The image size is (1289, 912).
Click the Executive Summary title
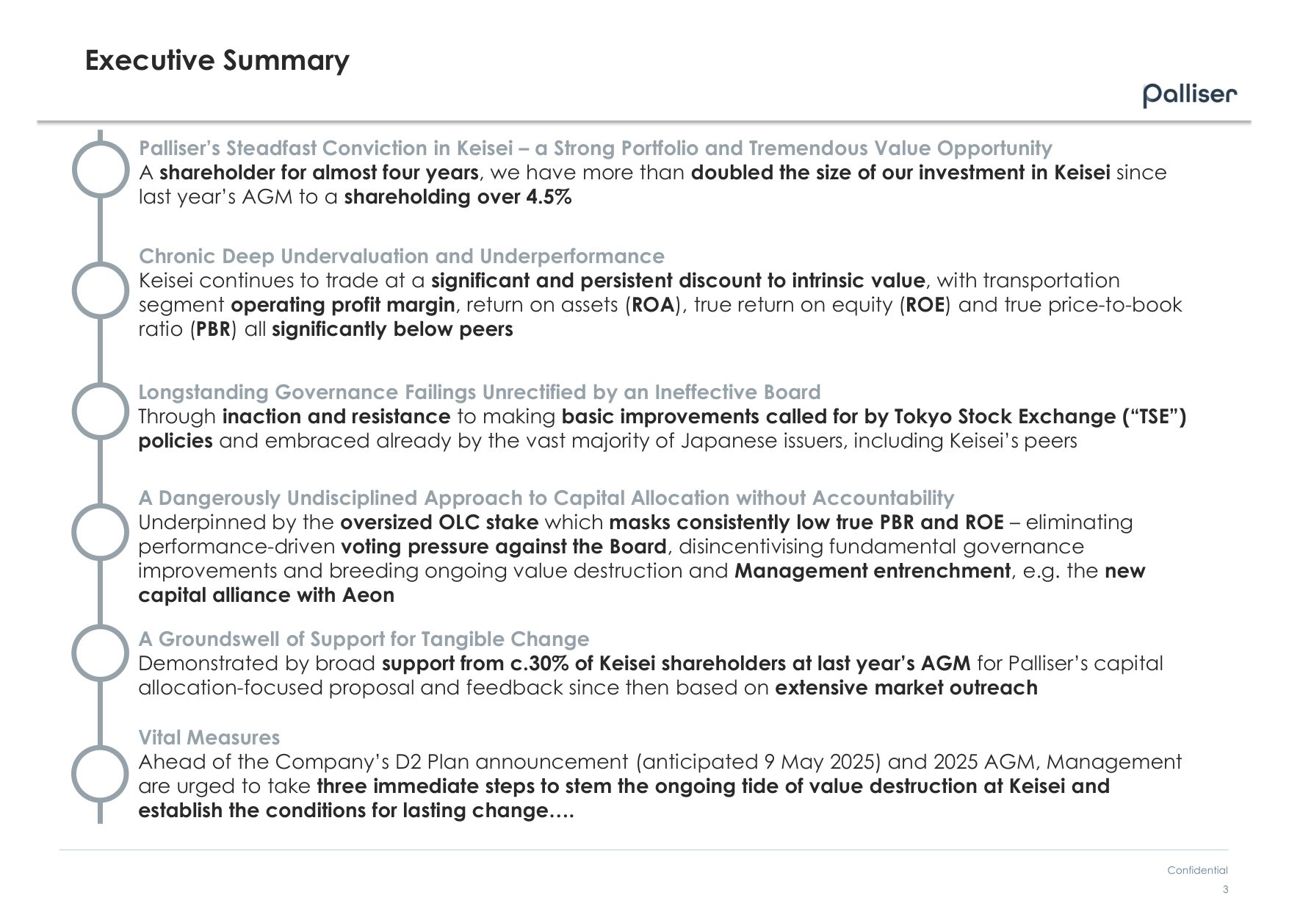pyautogui.click(x=217, y=60)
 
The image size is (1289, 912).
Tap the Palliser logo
pyautogui.click(x=1190, y=96)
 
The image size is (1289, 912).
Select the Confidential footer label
pyautogui.click(x=1197, y=870)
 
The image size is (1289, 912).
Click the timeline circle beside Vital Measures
pyautogui.click(x=101, y=774)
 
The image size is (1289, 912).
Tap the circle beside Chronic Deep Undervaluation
pyautogui.click(x=101, y=290)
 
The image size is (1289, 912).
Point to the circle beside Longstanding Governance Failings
pyautogui.click(x=101, y=411)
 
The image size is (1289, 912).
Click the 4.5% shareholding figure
pyautogui.click(x=549, y=197)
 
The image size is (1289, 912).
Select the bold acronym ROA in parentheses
pyautogui.click(x=653, y=305)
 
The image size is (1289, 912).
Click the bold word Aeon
pyautogui.click(x=368, y=595)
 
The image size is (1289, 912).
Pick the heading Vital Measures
pyautogui.click(x=209, y=737)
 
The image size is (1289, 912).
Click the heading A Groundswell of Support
pyautogui.click(x=364, y=639)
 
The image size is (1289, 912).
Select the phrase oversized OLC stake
pyautogui.click(x=439, y=523)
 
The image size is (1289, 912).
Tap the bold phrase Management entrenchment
pyautogui.click(x=872, y=571)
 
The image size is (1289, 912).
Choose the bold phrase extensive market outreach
pyautogui.click(x=906, y=688)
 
